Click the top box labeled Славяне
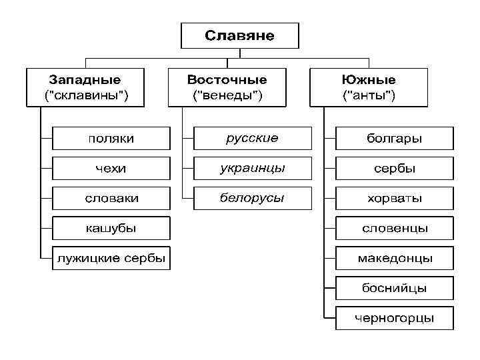(x=239, y=35)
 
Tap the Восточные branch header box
(x=227, y=87)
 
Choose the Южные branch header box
(x=368, y=87)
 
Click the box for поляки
(x=111, y=139)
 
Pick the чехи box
(x=111, y=169)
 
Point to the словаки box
(x=111, y=199)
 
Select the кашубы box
(x=111, y=229)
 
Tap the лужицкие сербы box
(x=111, y=259)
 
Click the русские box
(x=252, y=139)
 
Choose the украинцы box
(x=252, y=169)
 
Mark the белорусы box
(x=252, y=199)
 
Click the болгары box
(x=394, y=139)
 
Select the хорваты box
(x=394, y=199)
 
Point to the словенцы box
(x=394, y=229)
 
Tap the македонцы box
(x=394, y=258)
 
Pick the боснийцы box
(x=394, y=288)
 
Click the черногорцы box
(x=394, y=318)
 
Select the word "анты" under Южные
(x=368, y=95)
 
